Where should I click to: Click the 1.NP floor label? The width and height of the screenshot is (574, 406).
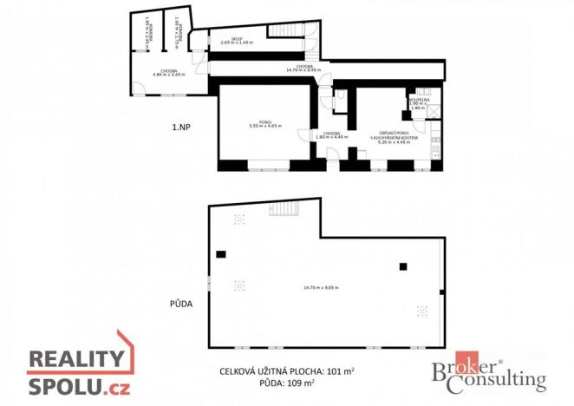181,127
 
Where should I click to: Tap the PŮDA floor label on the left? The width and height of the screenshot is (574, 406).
180,304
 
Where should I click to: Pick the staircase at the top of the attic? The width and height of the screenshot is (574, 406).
285,209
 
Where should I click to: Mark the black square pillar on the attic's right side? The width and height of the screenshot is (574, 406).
402,266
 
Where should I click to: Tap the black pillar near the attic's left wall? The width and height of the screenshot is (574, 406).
221,254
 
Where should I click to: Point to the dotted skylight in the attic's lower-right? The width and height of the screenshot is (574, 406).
421,310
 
